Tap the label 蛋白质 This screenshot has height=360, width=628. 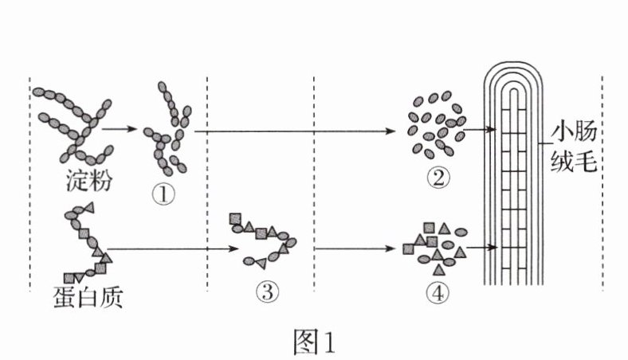click(x=84, y=299)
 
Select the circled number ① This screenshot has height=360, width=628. click(x=163, y=194)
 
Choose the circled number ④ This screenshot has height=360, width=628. click(x=437, y=292)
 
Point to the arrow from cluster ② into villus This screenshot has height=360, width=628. click(x=476, y=128)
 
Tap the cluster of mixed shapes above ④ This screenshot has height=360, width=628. click(x=435, y=245)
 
